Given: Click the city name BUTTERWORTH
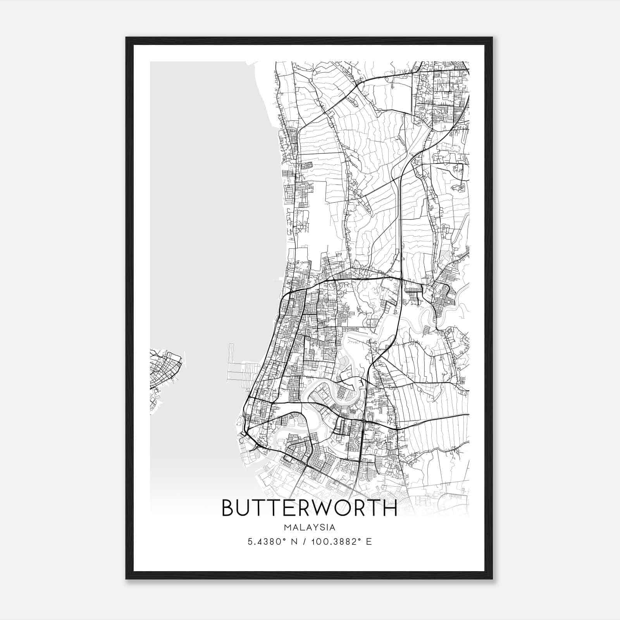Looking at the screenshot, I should tap(309, 508).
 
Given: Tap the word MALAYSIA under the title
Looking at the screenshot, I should tap(309, 527).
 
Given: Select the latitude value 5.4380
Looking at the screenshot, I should tap(262, 542).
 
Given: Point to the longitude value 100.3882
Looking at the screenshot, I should tap(334, 542).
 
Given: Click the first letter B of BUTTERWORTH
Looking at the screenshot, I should tap(228, 508).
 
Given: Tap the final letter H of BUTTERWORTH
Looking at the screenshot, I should tap(390, 508).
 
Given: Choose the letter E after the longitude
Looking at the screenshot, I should tap(369, 542).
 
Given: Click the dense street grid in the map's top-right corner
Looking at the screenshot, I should tap(442, 89).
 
